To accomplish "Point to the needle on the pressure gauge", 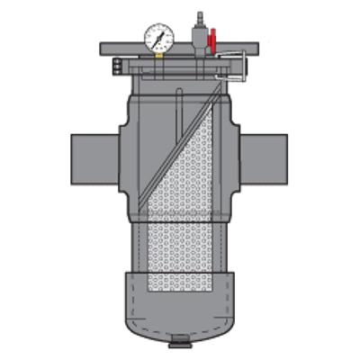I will tap(156, 33).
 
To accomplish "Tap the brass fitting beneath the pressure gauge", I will tap(157, 52).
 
